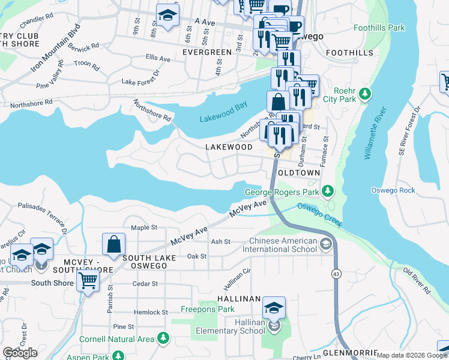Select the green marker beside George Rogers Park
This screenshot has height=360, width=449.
tap(327, 191)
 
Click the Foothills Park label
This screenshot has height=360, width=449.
tap(379, 28)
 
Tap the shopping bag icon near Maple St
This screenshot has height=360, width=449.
tap(113, 244)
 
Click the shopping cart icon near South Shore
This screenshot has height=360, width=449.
tap(88, 280)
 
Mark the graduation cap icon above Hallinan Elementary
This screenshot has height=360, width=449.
tap(274, 308)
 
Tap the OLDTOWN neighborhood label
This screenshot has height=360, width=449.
tap(298, 172)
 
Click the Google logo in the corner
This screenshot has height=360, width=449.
tap(20, 353)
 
